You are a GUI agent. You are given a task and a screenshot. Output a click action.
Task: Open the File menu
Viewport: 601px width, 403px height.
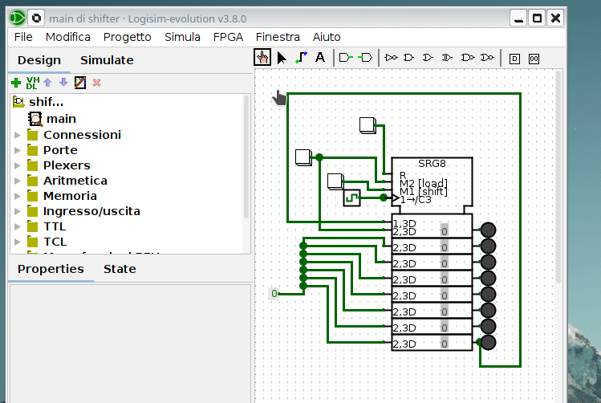pos(23,37)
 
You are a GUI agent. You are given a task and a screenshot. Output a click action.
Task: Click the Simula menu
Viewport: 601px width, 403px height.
pos(182,37)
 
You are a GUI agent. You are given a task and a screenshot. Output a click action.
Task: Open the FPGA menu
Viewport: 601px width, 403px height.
pos(228,37)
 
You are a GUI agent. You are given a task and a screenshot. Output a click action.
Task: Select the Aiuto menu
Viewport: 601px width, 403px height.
pos(327,37)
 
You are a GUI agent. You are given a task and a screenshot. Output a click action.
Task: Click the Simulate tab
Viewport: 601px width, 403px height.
pos(107,60)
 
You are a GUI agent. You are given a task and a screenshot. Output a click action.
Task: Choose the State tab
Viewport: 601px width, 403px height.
pos(120,269)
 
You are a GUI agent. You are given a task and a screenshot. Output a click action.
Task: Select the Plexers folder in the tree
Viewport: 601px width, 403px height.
pos(66,165)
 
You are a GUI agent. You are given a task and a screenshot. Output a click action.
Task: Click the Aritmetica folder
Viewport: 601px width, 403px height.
pos(75,181)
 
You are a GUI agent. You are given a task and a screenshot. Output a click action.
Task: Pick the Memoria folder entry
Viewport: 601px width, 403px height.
pos(70,196)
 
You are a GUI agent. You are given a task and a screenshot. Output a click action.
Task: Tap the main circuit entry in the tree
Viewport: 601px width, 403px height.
pos(61,119)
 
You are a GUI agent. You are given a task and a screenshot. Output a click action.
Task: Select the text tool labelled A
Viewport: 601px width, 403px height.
pos(320,58)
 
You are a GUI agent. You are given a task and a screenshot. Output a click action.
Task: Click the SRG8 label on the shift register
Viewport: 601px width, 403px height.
pos(432,164)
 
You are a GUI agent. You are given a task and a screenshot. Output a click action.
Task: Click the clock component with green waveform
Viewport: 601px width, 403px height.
pos(351,197)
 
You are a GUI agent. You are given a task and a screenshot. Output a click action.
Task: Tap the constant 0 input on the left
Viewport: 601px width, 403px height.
pos(274,294)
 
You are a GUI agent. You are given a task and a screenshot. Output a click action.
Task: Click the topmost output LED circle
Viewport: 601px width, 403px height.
pos(488,230)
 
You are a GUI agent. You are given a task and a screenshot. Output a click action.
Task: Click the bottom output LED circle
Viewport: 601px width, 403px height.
pos(488,343)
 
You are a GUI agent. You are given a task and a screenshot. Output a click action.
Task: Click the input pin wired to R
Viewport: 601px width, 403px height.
pos(368,125)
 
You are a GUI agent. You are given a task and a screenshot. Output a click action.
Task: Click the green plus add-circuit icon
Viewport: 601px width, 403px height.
pos(16,83)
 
